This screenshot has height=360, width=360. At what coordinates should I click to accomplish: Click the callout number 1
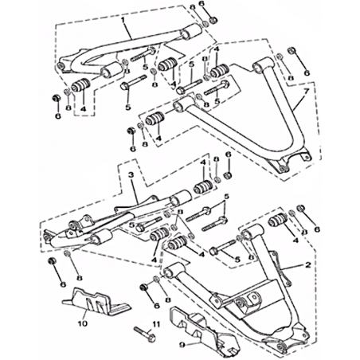(x=123, y=20)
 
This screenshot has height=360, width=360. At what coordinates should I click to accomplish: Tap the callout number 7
(x=306, y=92)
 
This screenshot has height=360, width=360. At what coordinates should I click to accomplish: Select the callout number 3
(x=130, y=175)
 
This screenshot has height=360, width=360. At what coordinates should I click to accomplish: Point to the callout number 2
(x=308, y=264)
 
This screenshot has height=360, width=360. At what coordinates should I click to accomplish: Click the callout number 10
(x=82, y=323)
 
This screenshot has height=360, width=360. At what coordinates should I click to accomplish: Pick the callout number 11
(x=156, y=324)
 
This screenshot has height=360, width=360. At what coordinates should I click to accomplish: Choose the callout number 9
(x=182, y=345)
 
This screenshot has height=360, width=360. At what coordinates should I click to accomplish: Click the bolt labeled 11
(x=146, y=334)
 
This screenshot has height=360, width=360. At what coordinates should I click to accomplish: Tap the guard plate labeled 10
(x=96, y=301)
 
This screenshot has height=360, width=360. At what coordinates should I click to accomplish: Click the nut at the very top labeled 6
(x=213, y=19)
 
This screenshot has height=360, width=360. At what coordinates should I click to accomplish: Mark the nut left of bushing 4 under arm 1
(x=57, y=98)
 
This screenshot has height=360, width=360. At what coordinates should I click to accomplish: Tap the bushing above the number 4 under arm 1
(x=81, y=84)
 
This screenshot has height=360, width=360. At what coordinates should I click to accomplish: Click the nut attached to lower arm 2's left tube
(x=144, y=288)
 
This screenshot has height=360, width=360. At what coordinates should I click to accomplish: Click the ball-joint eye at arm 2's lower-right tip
(x=281, y=347)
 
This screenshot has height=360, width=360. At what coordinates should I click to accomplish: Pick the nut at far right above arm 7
(x=292, y=50)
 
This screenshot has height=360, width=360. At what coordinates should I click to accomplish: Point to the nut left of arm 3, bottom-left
(x=53, y=260)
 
